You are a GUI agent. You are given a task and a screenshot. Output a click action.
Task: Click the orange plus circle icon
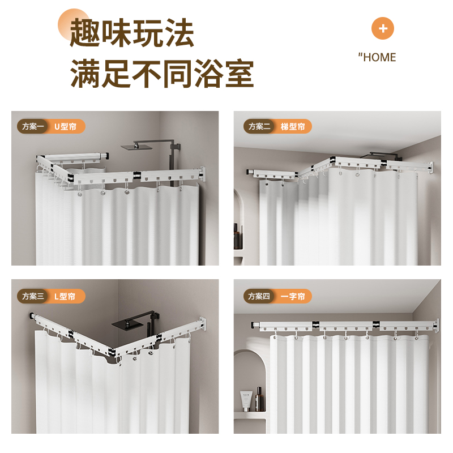point(383,28)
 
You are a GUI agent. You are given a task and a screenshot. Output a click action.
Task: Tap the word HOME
point(379,58)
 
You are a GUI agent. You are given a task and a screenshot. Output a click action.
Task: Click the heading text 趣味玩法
point(132,33)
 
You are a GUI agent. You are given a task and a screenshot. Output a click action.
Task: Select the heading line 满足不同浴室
point(162,74)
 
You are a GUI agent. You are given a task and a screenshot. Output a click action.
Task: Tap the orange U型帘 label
point(66,126)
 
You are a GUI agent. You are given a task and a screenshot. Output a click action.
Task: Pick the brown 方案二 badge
point(259,126)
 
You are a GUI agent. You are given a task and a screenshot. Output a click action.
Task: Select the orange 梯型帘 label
point(293,126)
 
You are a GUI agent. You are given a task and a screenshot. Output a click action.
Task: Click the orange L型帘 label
point(65,296)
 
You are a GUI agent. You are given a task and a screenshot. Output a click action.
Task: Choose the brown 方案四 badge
point(259,296)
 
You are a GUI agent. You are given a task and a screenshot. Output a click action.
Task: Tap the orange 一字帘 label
point(293,296)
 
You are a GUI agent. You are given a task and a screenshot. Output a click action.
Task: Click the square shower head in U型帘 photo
point(136,147)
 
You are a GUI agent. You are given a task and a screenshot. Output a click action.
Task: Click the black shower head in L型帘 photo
point(127,324)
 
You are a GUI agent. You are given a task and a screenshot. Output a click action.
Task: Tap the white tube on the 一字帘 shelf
point(246,401)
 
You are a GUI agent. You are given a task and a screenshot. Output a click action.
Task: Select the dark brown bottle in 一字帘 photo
point(259,400)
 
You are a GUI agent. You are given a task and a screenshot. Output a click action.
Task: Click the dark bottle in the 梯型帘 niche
point(237,237)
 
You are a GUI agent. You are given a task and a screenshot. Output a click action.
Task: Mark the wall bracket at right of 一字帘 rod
point(436,326)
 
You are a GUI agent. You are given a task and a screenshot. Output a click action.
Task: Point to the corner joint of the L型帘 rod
point(113,352)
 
